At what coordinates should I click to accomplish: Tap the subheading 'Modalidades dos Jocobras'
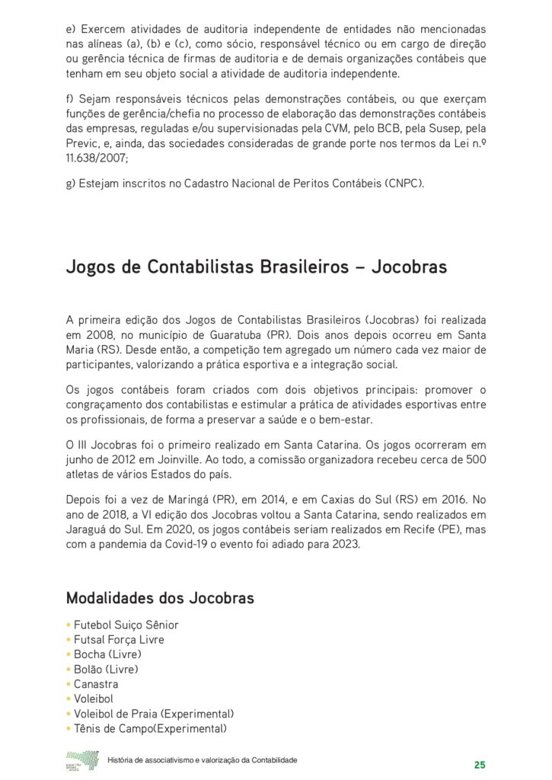[x=160, y=598]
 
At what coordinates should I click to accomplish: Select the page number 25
[x=480, y=764]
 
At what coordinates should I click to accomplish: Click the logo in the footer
[x=82, y=761]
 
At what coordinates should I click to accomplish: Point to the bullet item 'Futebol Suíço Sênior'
[x=126, y=625]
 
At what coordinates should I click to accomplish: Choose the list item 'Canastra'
[x=96, y=684]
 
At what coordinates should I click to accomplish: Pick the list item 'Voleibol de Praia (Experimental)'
[x=153, y=714]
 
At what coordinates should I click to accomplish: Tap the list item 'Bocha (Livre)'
[x=107, y=654]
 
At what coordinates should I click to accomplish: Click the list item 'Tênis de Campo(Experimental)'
[x=150, y=729]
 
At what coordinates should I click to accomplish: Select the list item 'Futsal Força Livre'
[x=118, y=640]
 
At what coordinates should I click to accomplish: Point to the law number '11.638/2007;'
[x=97, y=158]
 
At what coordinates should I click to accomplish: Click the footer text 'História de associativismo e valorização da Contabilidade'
[x=203, y=761]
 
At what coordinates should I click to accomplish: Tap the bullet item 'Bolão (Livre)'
[x=106, y=670]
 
